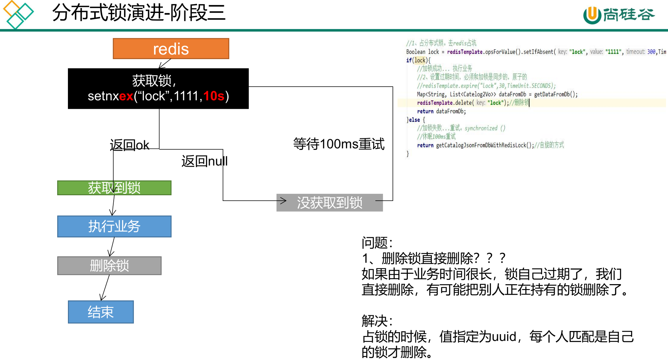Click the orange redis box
(x=171, y=49)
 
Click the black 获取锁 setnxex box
(x=158, y=88)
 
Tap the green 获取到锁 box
(x=114, y=188)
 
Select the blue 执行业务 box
(x=114, y=227)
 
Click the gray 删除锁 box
(x=109, y=266)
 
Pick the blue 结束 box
(x=101, y=312)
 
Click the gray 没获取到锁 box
(x=330, y=202)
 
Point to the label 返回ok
(x=129, y=145)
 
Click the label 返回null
(x=204, y=161)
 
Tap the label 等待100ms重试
(x=339, y=144)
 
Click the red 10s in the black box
(x=214, y=96)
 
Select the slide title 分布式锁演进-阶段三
(x=139, y=13)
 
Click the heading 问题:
(x=377, y=243)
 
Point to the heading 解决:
(x=377, y=321)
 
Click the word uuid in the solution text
(x=504, y=337)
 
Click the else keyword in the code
(x=414, y=120)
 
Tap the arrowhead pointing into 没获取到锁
(x=283, y=201)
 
